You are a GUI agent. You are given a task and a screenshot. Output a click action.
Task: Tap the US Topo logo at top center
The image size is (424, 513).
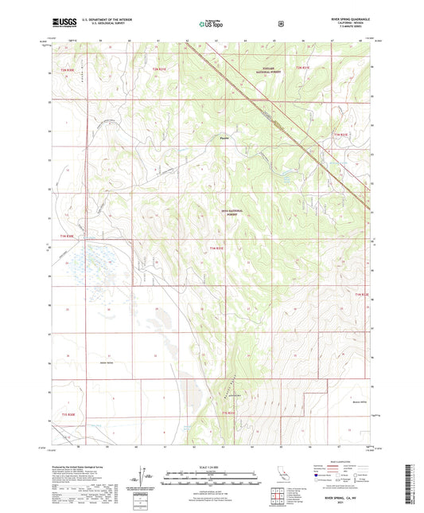pos(211,24)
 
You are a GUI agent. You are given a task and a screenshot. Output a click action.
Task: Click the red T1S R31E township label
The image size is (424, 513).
pos(229,413)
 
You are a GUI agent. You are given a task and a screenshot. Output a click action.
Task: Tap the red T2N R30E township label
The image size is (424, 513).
pos(68,70)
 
